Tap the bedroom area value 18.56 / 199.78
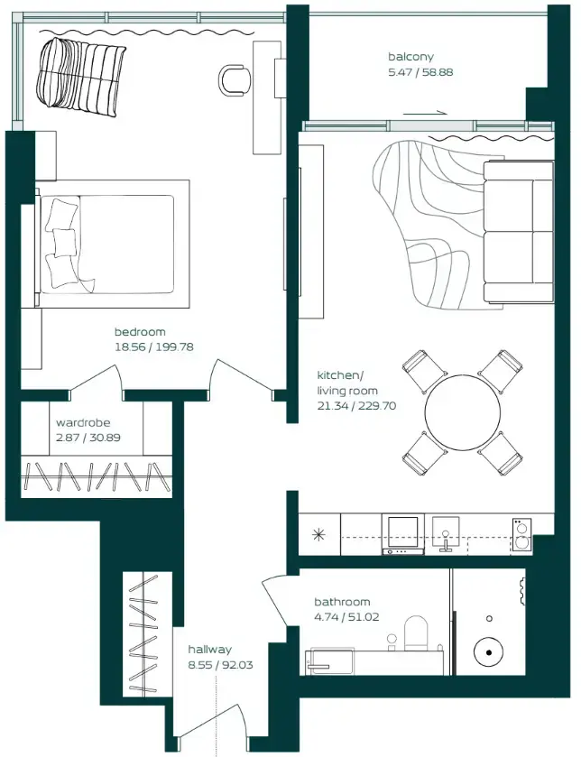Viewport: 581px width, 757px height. pos(154,346)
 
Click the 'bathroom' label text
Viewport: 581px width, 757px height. pos(342,602)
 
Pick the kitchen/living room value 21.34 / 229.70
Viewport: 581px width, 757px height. pos(356,406)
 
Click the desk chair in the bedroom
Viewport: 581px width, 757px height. pos(235,79)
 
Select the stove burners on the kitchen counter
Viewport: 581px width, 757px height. pos(521,533)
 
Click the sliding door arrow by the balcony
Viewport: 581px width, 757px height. pos(424,113)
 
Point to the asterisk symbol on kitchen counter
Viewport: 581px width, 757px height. pos(318,533)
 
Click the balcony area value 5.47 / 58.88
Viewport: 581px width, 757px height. pos(420,71)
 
